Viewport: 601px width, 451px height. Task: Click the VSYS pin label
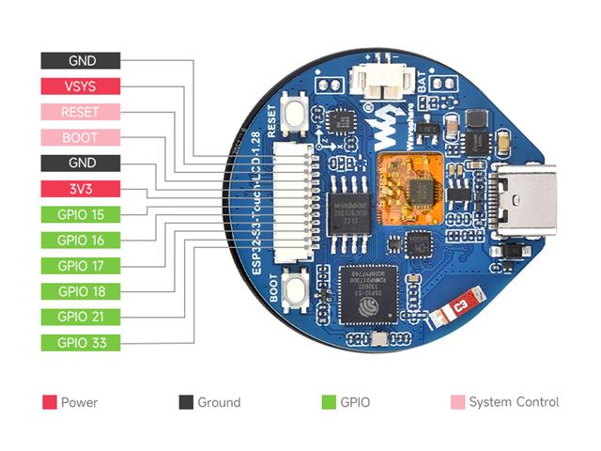coord(81,86)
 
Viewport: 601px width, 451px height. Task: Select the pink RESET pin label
coord(81,112)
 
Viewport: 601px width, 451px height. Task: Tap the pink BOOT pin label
coord(81,137)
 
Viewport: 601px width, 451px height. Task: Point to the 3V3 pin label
coord(81,189)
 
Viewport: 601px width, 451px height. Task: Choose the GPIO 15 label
coord(81,214)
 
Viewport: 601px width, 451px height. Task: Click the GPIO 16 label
coord(81,240)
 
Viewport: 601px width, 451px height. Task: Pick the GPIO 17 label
coord(81,265)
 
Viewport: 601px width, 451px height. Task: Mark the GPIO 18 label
coord(81,291)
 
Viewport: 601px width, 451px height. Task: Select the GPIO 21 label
coord(81,317)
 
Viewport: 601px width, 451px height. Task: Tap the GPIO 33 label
coord(81,342)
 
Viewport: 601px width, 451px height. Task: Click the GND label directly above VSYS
coord(81,60)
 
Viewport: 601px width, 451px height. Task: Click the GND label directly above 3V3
coord(81,163)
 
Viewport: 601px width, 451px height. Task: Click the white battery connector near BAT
coord(381,84)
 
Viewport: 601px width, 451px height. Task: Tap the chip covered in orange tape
coord(410,183)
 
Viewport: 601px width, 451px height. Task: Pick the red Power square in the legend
coord(49,402)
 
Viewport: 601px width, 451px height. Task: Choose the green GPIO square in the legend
coord(329,402)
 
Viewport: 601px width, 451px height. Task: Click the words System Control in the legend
coord(514,402)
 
